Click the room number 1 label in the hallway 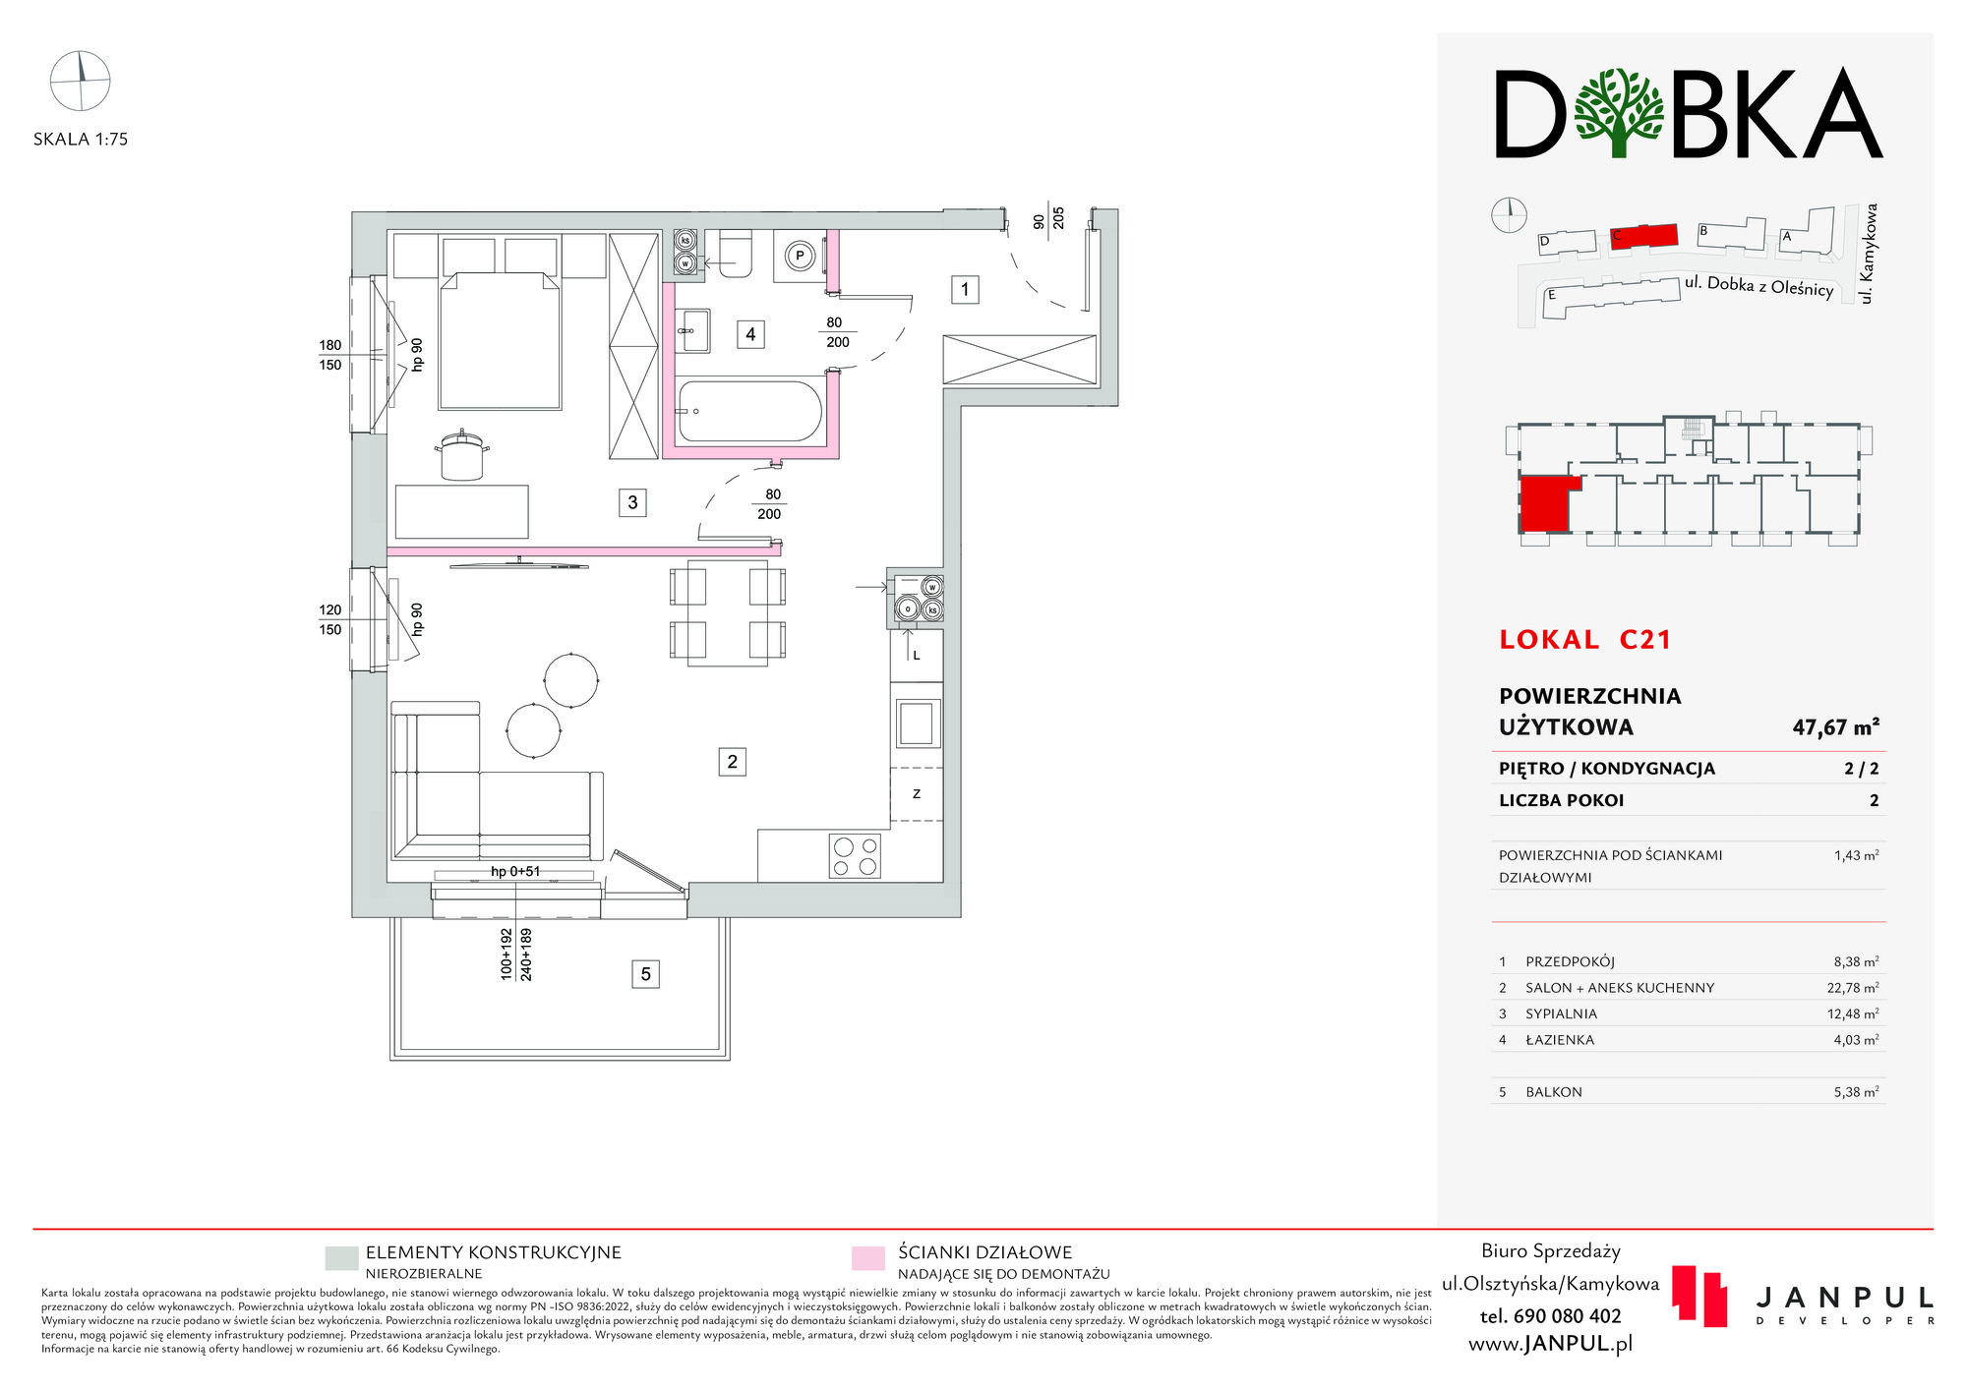click(x=965, y=289)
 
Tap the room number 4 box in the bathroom click(x=750, y=334)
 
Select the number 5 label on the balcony click(x=645, y=974)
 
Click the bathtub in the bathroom click(x=749, y=412)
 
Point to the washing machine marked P click(x=799, y=257)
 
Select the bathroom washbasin click(x=694, y=330)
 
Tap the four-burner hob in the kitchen click(x=855, y=855)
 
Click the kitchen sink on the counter click(x=917, y=724)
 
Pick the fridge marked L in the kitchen click(x=917, y=655)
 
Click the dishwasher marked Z click(x=917, y=794)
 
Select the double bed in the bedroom click(x=500, y=340)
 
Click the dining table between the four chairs click(x=727, y=612)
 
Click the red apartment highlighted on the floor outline click(x=1544, y=502)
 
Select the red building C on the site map click(x=1644, y=236)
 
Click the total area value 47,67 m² click(x=1835, y=727)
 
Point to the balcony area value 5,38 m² click(x=1856, y=1091)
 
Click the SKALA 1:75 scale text click(x=81, y=140)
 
